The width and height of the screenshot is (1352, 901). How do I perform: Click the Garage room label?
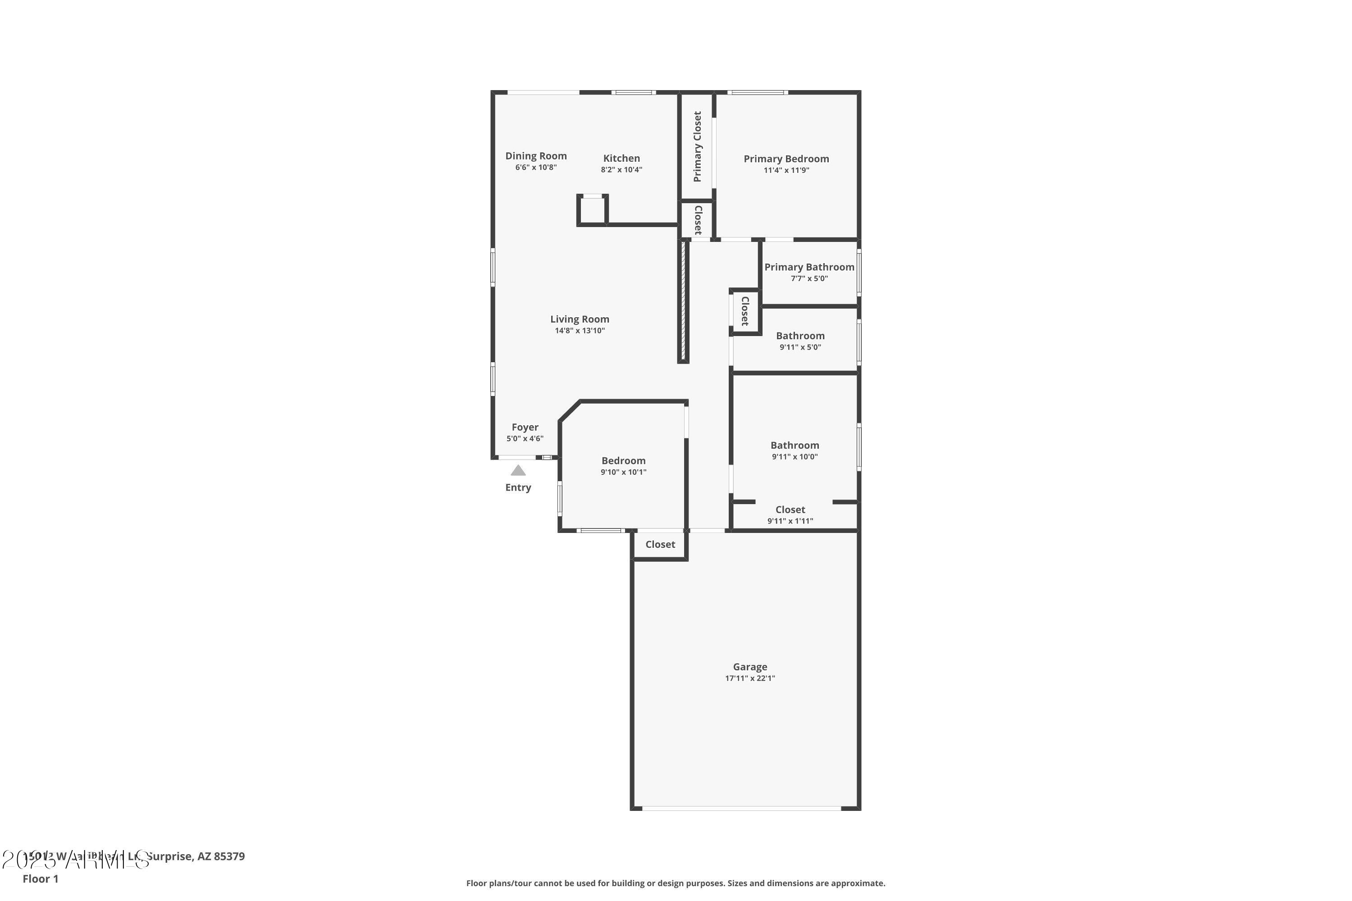749,667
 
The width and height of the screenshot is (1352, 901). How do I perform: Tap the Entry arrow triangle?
518,471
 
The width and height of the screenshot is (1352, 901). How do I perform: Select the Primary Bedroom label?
786,159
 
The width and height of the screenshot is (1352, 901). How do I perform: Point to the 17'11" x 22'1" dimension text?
749,678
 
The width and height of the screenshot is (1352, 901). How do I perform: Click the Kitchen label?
621,158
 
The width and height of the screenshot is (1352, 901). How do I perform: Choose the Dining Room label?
536,156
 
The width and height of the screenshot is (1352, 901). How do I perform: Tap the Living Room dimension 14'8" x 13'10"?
580,330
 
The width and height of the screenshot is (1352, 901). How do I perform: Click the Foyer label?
525,427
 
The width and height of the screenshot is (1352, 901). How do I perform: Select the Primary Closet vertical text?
697,146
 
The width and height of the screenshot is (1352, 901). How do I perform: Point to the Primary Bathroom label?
809,267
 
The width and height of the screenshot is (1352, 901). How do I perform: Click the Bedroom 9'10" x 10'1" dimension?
623,472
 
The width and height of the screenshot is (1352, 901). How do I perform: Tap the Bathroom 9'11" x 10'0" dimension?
795,457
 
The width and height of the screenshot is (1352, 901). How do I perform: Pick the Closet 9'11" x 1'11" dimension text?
790,521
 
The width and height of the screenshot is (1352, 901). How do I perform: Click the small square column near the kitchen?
592,210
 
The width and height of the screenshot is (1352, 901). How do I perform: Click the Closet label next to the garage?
660,544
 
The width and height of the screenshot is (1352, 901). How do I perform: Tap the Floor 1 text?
40,878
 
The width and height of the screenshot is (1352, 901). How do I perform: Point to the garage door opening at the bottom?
741,809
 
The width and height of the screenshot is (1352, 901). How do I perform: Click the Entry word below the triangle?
518,487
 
